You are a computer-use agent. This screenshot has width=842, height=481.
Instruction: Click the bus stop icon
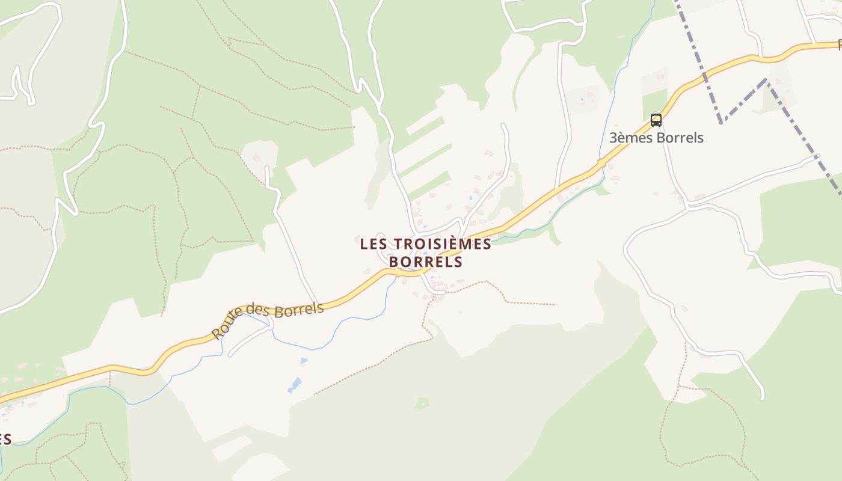pyautogui.click(x=656, y=120)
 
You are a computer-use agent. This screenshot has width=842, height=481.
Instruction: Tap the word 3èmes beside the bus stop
pyautogui.click(x=630, y=138)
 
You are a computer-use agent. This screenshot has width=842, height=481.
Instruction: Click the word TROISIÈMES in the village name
pyautogui.click(x=441, y=244)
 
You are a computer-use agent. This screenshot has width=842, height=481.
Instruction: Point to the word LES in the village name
pyautogui.click(x=373, y=244)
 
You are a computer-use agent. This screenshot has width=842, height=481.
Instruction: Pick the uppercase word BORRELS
pyautogui.click(x=426, y=262)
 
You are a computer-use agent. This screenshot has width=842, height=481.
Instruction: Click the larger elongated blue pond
pyautogui.click(x=295, y=385)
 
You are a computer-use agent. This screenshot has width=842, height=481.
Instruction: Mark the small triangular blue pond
pyautogui.click(x=304, y=361)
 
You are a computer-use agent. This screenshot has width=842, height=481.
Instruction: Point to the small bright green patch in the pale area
pyautogui.click(x=422, y=403)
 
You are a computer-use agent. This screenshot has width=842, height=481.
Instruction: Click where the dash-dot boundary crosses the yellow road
pyautogui.click(x=702, y=76)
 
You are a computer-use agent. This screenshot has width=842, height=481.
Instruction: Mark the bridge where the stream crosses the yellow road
pyautogui.click(x=601, y=163)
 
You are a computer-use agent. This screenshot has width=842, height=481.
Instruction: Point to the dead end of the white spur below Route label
pyautogui.click(x=230, y=354)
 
